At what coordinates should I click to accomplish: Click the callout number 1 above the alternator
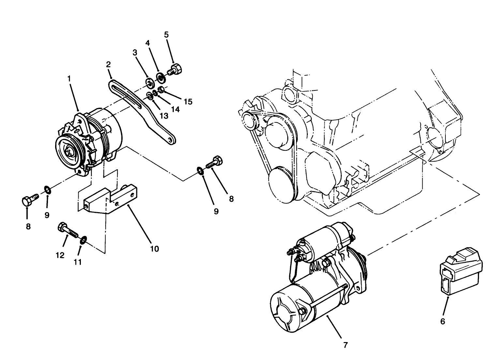[x=69, y=79]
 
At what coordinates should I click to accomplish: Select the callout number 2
[x=108, y=64]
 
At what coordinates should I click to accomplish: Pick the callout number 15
[x=188, y=102]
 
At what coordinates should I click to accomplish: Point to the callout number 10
[x=154, y=249]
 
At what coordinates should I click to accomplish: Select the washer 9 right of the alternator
[x=200, y=170]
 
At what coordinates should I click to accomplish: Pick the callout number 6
[x=442, y=321]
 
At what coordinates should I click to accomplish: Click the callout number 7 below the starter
[x=345, y=345]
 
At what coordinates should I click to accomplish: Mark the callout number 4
[x=147, y=43]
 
